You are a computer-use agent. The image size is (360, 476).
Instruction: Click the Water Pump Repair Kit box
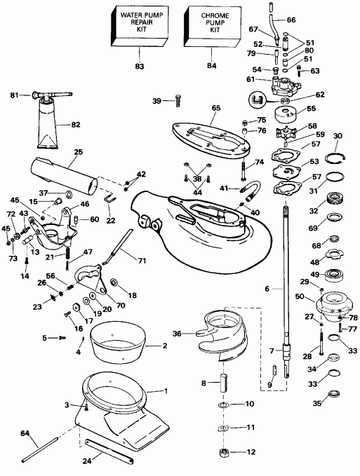(139, 27)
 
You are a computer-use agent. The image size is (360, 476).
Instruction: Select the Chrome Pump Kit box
(213, 27)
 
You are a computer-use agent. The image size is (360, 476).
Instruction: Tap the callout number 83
(140, 66)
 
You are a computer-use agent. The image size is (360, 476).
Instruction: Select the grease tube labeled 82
(50, 125)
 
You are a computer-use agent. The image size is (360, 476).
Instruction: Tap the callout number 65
(216, 108)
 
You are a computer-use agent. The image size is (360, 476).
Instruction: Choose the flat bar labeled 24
(109, 450)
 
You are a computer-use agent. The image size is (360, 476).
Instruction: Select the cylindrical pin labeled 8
(224, 383)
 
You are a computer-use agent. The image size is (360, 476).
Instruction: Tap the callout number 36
(177, 334)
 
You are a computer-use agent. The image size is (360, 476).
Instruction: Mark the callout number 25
(78, 152)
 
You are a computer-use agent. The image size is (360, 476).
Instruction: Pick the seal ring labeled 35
(334, 395)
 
